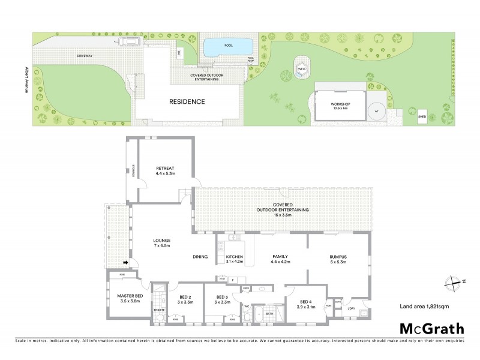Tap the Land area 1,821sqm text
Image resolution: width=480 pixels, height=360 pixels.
pos(425,306)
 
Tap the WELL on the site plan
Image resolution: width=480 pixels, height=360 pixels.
pos(301,67)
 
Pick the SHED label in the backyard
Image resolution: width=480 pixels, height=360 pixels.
pos(422,118)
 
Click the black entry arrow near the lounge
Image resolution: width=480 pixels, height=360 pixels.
pos(126,262)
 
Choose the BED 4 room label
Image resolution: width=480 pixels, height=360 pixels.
pos(305,302)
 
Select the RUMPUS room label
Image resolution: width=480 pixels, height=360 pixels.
pos(338,257)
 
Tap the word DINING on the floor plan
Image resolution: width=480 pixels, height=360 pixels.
pos(200,257)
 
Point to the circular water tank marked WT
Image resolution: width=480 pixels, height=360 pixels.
pos(377,111)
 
